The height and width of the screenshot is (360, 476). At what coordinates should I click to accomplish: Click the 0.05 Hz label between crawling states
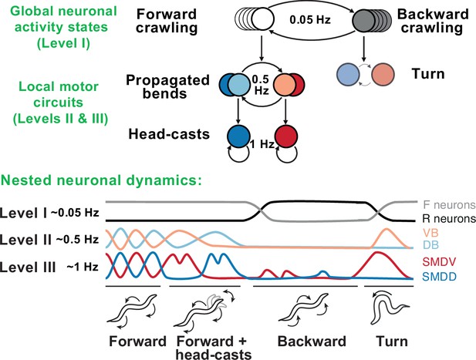[x=310, y=20]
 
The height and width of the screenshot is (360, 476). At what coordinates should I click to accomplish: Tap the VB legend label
[x=430, y=233]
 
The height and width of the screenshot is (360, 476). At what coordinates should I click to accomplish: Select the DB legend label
[x=430, y=244]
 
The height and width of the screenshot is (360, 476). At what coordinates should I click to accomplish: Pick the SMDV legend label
[x=439, y=262]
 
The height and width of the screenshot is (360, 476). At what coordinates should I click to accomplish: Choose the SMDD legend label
[x=439, y=276]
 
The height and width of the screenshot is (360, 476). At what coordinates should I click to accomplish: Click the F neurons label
[x=449, y=205]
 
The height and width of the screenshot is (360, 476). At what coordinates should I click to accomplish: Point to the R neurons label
[x=449, y=219]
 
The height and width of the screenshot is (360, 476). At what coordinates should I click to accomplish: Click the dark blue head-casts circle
[x=239, y=136]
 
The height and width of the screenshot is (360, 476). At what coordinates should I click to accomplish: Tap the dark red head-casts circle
[x=285, y=136]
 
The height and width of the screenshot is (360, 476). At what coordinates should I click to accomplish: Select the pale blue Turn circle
[x=348, y=74]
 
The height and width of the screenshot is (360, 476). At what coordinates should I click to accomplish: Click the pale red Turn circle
[x=383, y=74]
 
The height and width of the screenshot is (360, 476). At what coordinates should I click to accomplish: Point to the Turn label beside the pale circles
[x=428, y=74]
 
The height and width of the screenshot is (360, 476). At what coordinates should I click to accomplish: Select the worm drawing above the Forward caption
[x=133, y=310]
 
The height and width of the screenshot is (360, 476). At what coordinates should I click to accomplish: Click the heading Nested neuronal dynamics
[x=101, y=180]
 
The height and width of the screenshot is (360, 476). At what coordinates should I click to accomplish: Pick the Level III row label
[x=28, y=267]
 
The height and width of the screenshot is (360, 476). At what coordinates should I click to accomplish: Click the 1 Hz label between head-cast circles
[x=262, y=144]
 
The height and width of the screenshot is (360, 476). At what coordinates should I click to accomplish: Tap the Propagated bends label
[x=167, y=87]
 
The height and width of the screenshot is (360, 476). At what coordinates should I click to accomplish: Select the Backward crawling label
[x=434, y=22]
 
